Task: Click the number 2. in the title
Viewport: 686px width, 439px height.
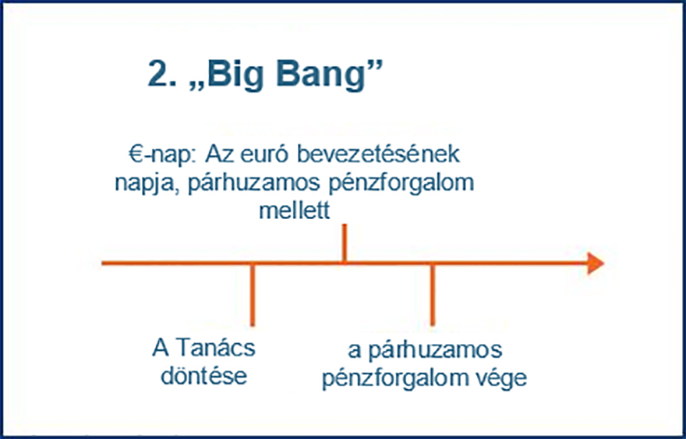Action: (x=163, y=73)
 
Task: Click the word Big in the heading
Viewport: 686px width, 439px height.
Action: (x=235, y=75)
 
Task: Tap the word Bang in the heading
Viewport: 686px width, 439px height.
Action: (x=320, y=75)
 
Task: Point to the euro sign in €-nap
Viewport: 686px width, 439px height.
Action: (x=136, y=154)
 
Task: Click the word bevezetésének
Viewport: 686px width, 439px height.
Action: (x=378, y=154)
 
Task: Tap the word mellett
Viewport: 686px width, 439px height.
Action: (x=295, y=210)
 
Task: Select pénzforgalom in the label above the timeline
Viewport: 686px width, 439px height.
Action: (x=401, y=184)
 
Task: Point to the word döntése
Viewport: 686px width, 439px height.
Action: (x=204, y=377)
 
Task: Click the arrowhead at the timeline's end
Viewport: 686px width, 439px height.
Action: (x=596, y=263)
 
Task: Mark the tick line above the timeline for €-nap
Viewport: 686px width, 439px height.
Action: (x=345, y=243)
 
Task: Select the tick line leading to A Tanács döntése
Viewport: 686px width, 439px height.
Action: (x=253, y=295)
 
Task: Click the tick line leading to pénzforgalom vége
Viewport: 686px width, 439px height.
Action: (x=433, y=295)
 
